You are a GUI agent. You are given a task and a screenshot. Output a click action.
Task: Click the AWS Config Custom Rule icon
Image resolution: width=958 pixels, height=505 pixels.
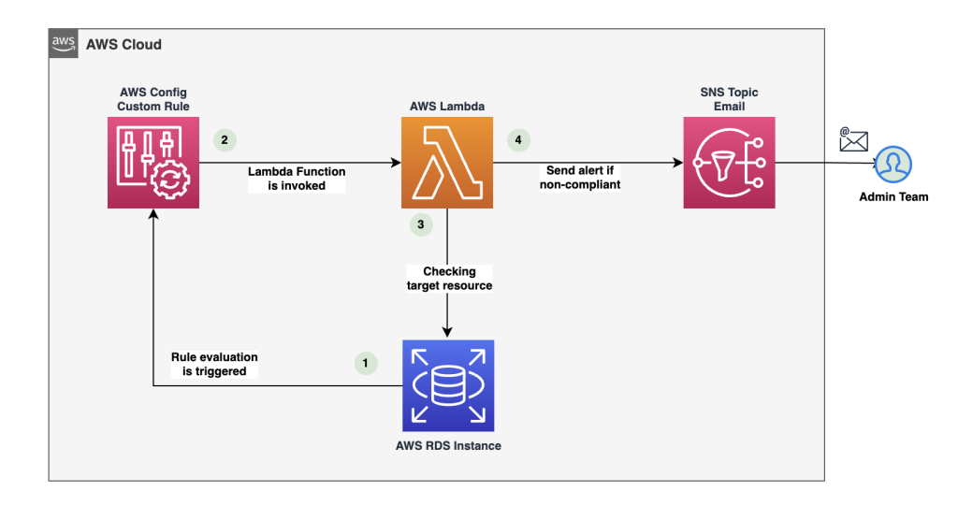(154, 162)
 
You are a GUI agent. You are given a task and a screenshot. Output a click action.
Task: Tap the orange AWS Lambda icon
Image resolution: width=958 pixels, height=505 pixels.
(447, 162)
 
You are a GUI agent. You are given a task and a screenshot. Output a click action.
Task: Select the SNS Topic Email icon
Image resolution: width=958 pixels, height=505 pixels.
(729, 162)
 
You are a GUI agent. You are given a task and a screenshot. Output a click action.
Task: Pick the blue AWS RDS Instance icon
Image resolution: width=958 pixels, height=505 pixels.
(447, 385)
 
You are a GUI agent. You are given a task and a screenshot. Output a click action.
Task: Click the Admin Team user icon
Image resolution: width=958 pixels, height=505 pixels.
(894, 166)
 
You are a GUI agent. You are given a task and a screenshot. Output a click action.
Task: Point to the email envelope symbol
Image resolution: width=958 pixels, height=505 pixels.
(853, 140)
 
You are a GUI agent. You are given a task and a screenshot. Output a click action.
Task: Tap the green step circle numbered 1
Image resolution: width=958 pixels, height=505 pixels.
(366, 361)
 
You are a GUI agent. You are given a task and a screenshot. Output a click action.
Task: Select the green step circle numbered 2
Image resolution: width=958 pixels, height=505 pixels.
(224, 140)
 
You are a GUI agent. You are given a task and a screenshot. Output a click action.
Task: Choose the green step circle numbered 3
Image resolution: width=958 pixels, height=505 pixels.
(420, 224)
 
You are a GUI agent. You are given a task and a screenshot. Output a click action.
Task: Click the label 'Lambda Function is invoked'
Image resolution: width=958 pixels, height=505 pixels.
(297, 179)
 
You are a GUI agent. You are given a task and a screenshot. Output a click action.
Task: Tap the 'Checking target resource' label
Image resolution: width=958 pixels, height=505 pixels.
(450, 278)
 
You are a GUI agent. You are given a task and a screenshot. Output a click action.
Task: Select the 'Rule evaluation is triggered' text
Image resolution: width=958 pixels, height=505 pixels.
(214, 364)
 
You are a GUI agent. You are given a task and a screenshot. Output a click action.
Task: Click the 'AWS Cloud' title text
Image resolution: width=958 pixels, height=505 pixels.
(123, 44)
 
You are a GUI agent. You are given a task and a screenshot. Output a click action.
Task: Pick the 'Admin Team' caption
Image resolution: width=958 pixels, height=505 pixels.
(894, 196)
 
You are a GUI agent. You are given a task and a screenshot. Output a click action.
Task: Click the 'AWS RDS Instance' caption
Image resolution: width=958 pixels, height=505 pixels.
(448, 445)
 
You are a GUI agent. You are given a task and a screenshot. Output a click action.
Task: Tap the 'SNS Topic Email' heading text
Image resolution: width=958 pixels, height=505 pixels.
(728, 99)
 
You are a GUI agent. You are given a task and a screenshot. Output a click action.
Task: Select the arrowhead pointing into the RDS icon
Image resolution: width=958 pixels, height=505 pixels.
(448, 333)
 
